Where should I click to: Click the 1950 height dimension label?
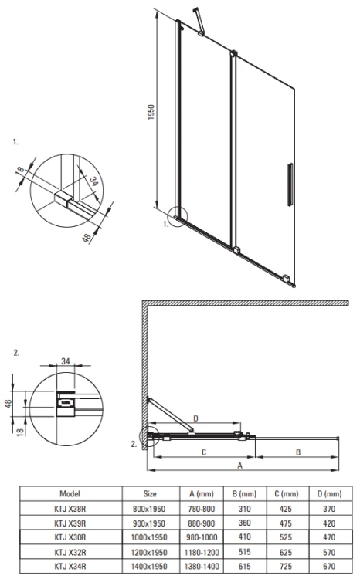click(x=153, y=115)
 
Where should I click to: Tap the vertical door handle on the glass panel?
click(x=290, y=184)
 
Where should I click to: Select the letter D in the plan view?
click(x=195, y=419)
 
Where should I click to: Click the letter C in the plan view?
click(x=203, y=453)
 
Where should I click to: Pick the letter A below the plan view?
click(x=239, y=467)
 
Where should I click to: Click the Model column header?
click(x=70, y=493)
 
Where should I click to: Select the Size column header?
click(x=150, y=493)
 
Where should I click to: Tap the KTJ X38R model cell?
click(x=70, y=508)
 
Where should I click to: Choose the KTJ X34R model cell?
click(x=70, y=566)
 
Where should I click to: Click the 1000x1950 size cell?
click(x=150, y=537)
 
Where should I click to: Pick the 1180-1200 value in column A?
click(x=202, y=552)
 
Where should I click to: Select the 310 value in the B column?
click(x=246, y=508)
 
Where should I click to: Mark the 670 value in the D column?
click(x=331, y=566)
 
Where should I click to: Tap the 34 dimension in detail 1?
click(x=94, y=181)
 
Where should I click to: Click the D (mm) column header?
click(x=331, y=493)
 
